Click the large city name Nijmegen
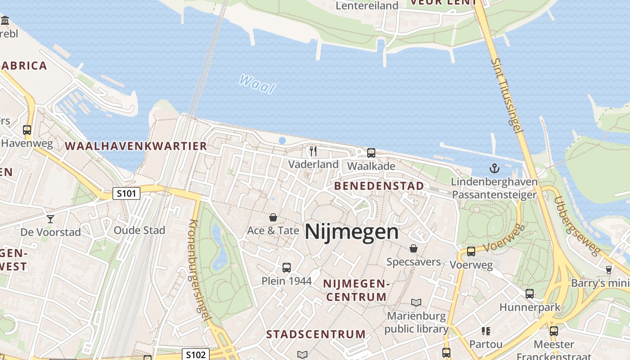pyautogui.click(x=351, y=232)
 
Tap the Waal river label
pyautogui.click(x=257, y=84)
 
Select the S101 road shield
pyautogui.click(x=126, y=194)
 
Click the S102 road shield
pyautogui.click(x=196, y=354)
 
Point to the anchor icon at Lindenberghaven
pyautogui.click(x=495, y=169)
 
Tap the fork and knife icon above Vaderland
pyautogui.click(x=314, y=151)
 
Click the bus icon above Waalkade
pyautogui.click(x=371, y=153)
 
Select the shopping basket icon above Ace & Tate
pyautogui.click(x=273, y=218)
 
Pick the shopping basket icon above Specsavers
pyautogui.click(x=414, y=248)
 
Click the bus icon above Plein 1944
pyautogui.click(x=287, y=268)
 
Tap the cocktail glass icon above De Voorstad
pyautogui.click(x=50, y=219)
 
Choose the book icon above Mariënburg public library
pyautogui.click(x=416, y=302)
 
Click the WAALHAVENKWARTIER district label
pyautogui.click(x=136, y=146)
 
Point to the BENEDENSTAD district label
pyautogui.click(x=379, y=186)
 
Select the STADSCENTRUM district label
pyautogui.click(x=316, y=334)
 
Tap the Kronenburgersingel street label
pyautogui.click(x=200, y=270)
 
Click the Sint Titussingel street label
pyautogui.click(x=507, y=94)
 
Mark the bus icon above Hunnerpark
pyautogui.click(x=530, y=294)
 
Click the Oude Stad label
pyautogui.click(x=139, y=230)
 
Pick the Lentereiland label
pyautogui.click(x=367, y=6)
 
